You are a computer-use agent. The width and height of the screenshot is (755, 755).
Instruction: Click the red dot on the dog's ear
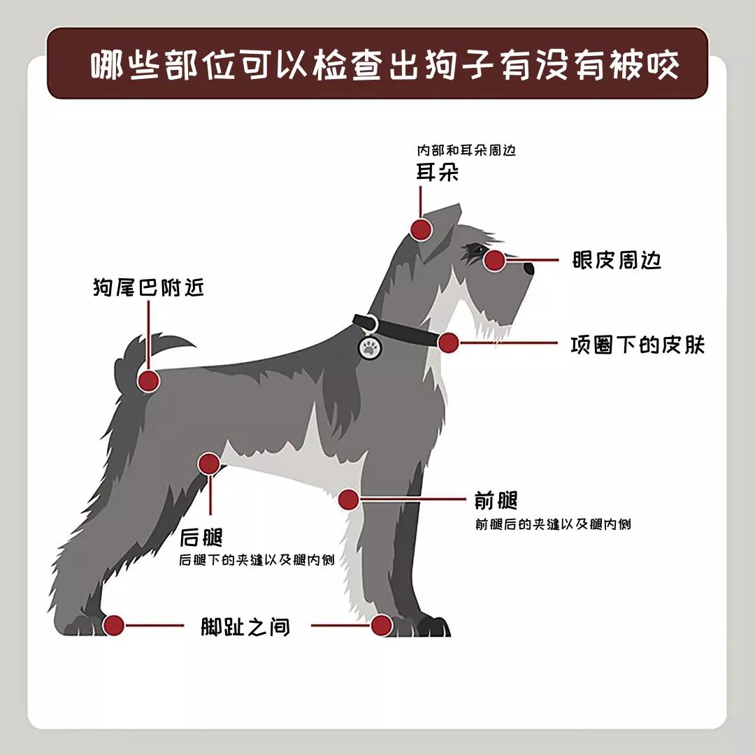click(420, 230)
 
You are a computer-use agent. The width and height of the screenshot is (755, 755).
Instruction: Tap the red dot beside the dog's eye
click(494, 260)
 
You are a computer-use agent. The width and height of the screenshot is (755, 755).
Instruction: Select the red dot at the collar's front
click(448, 343)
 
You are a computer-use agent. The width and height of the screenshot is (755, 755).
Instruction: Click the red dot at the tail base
click(148, 381)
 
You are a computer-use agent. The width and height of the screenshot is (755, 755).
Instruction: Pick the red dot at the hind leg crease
click(209, 464)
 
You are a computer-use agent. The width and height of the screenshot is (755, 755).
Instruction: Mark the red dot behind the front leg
click(349, 500)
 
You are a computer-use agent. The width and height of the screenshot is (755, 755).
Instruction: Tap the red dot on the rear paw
click(114, 626)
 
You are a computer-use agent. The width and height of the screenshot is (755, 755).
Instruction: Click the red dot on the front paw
click(382, 626)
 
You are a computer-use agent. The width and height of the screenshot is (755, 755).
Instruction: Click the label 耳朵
click(437, 172)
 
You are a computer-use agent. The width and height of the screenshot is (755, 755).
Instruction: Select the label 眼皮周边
click(617, 260)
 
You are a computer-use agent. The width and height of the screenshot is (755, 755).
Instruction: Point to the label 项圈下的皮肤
click(638, 345)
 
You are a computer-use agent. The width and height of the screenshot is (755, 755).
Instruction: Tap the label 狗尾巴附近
click(148, 287)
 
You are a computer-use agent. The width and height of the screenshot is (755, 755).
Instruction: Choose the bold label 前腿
click(496, 501)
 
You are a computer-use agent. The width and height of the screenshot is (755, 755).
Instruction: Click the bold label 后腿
click(201, 537)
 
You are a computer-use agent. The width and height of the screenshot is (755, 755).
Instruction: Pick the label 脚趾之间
click(245, 626)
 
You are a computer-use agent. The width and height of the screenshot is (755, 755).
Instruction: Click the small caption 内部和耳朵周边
click(466, 150)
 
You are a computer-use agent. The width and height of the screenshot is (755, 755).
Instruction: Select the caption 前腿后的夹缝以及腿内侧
click(553, 524)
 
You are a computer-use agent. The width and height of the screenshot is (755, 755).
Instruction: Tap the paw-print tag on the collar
click(369, 347)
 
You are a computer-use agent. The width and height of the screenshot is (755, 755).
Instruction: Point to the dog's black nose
click(529, 268)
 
